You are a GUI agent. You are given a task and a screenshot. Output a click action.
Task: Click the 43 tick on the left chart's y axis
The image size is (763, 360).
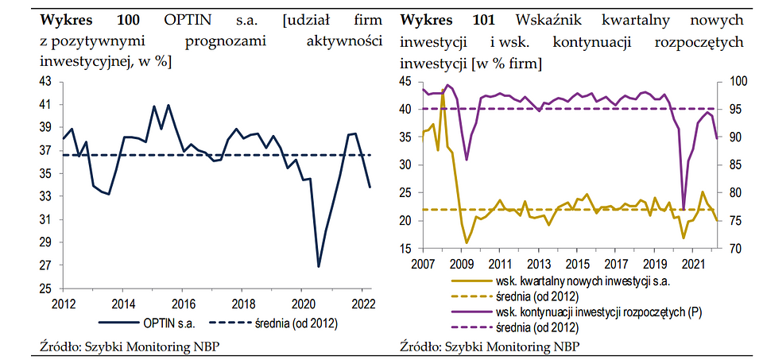(45, 81)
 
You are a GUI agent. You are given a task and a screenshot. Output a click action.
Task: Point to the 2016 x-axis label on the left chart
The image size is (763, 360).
(184, 303)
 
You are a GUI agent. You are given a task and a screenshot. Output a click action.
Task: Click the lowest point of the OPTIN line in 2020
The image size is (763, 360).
(319, 266)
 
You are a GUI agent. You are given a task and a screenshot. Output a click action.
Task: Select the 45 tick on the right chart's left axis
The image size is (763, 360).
(406, 81)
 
